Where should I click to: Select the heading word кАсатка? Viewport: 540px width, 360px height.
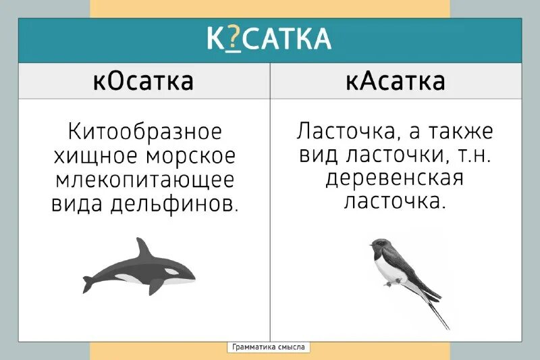click(x=395, y=81)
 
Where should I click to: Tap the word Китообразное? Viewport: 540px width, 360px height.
click(x=144, y=130)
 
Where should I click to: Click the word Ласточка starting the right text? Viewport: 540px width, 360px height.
click(x=342, y=130)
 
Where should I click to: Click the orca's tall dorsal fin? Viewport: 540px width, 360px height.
click(x=144, y=249)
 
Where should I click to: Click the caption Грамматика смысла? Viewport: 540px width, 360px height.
click(x=269, y=347)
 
